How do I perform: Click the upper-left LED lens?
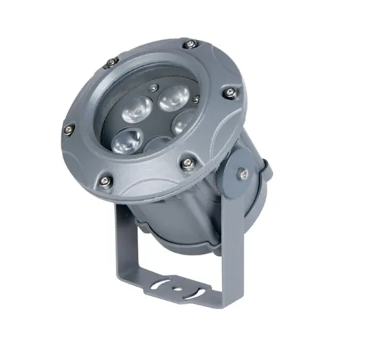pyautogui.click(x=137, y=105)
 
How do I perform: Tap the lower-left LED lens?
pyautogui.click(x=125, y=141)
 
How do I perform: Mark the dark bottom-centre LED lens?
pyautogui.click(x=155, y=145)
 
